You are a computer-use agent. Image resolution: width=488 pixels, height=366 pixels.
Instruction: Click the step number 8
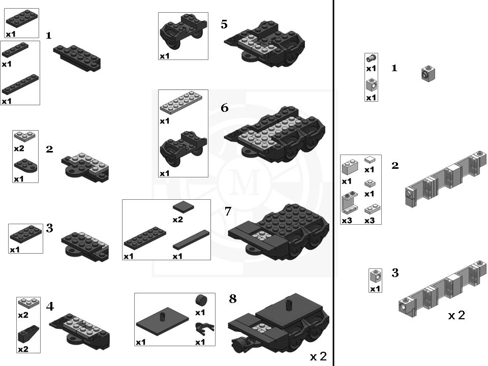click(x=233, y=299)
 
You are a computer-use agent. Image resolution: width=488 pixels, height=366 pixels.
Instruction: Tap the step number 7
click(x=228, y=210)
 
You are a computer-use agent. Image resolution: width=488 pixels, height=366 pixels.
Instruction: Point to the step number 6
click(x=224, y=108)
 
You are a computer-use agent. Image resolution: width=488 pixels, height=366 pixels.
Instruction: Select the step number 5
click(x=224, y=24)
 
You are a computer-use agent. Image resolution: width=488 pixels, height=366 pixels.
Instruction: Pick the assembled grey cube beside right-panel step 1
click(x=428, y=74)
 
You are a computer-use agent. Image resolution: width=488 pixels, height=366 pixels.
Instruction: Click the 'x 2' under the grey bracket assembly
click(x=456, y=315)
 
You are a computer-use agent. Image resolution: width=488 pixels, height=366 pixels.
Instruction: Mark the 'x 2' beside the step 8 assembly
click(x=318, y=356)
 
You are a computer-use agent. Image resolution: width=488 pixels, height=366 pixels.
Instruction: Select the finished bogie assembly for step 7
click(x=277, y=231)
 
